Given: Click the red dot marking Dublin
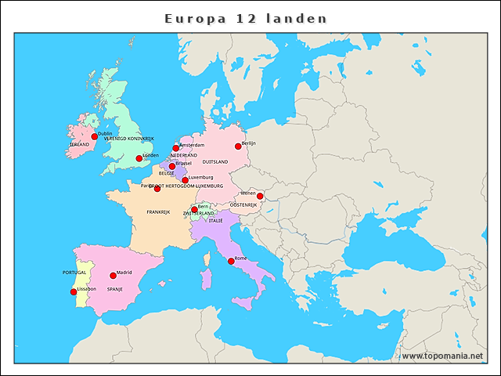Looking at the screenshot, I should (95, 136).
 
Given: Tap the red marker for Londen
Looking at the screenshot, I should (139, 158).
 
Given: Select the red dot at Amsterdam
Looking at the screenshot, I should (176, 148).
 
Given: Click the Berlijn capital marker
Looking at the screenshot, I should (238, 146).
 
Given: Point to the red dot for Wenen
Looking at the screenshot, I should (260, 196).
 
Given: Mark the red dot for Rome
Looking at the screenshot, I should (231, 261).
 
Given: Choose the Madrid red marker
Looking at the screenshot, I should (113, 276).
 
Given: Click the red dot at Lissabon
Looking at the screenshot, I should (74, 292).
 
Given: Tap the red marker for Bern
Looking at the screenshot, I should (194, 209).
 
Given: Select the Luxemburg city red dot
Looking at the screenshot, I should (185, 180).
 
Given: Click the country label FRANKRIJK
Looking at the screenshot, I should (158, 212).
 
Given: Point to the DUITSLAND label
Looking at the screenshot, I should (215, 162).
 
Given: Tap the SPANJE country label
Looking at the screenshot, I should (115, 289).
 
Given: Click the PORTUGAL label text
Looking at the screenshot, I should (74, 273).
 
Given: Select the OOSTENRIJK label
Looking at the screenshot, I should (243, 204).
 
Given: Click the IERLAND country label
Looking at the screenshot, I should (79, 145).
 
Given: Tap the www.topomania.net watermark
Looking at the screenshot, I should (442, 356).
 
